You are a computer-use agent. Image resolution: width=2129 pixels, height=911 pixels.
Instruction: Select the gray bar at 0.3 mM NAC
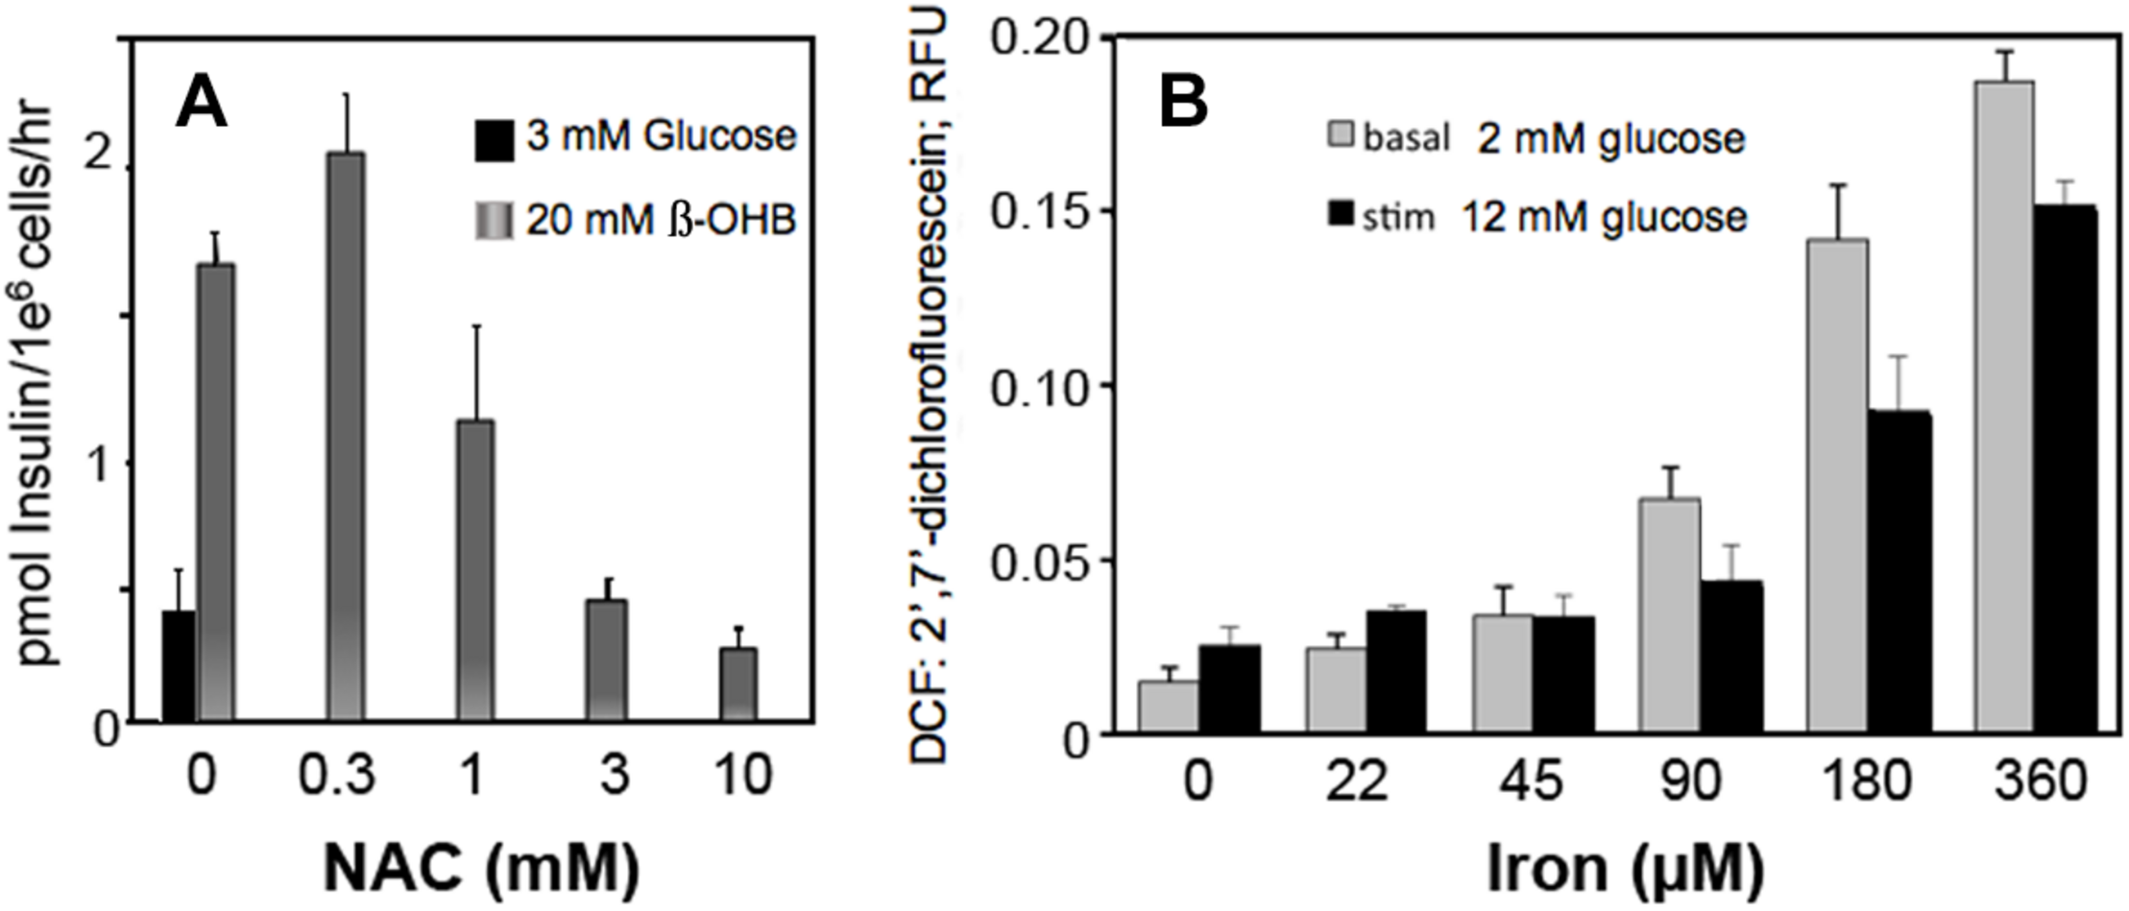coord(346,437)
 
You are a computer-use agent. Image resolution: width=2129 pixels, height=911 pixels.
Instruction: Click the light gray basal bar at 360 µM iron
coord(2004,408)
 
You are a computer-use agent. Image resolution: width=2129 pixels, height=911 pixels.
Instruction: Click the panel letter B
coord(1183,102)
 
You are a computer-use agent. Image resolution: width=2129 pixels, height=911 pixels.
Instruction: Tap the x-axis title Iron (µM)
coord(1625,869)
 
